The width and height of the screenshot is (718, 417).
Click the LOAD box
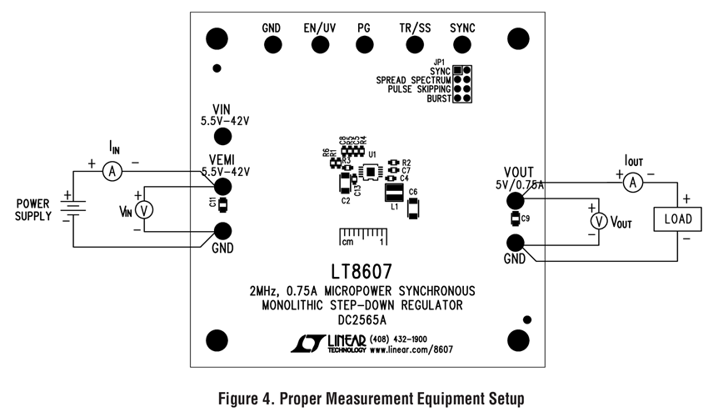[x=679, y=219]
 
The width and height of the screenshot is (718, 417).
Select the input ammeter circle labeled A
[x=113, y=170]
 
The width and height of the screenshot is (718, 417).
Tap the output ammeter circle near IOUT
[x=632, y=181]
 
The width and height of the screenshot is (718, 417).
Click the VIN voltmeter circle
[x=144, y=209]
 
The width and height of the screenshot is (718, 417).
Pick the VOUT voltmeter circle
[x=597, y=220]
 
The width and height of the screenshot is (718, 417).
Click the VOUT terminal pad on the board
[x=516, y=199]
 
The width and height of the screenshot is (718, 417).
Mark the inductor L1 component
[x=394, y=193]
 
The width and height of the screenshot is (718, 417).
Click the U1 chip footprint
[x=367, y=172]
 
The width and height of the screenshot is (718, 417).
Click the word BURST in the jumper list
[x=438, y=98]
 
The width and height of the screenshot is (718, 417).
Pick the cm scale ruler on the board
[x=361, y=236]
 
